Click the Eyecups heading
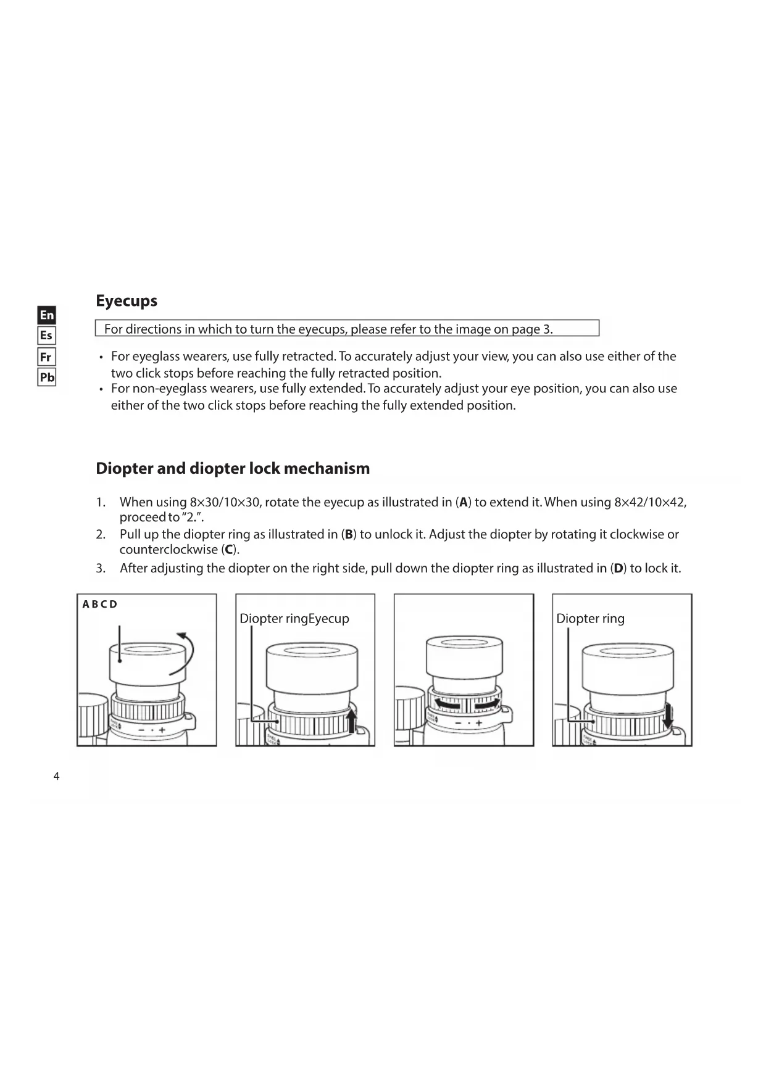pos(127,301)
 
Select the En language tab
pos(47,315)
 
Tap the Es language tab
pos(46,336)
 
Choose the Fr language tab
pos(46,357)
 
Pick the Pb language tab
pos(47,377)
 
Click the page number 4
pos(57,776)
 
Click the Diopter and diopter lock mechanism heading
pos(233,468)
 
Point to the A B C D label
pos(100,604)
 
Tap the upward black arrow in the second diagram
pos(352,721)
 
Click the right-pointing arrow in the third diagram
pos(487,703)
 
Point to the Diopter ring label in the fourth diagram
pos(590,618)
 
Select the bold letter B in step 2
pos(349,534)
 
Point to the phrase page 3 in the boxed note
pos(530,329)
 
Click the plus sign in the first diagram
pos(162,730)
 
